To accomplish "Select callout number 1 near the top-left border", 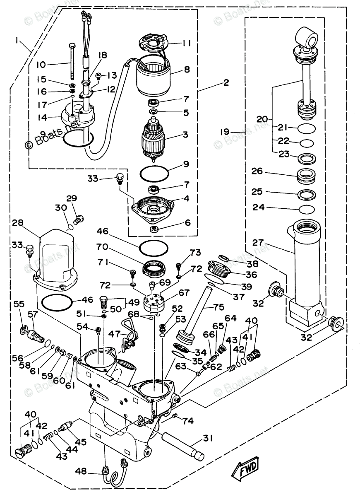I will pyautogui.click(x=17, y=41).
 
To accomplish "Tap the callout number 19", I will pyautogui.click(x=225, y=132).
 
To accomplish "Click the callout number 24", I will pyautogui.click(x=258, y=207).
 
